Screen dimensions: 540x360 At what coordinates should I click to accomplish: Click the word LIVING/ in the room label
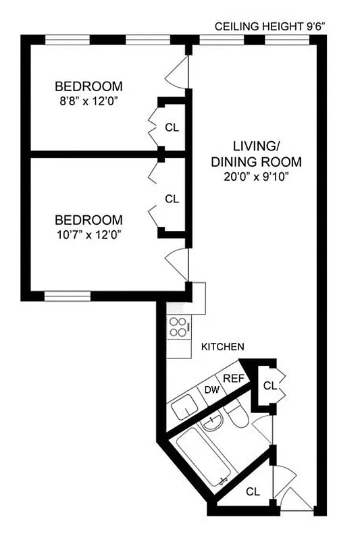click(256, 146)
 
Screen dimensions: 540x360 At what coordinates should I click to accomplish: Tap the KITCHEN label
click(222, 347)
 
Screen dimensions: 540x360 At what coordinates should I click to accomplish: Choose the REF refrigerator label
click(233, 379)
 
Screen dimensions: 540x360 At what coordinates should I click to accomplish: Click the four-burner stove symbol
click(178, 327)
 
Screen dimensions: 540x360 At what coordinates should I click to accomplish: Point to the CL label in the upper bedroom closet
click(172, 127)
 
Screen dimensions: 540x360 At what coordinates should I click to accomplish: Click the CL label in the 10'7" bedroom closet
click(172, 198)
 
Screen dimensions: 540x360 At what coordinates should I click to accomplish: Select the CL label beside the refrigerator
click(269, 386)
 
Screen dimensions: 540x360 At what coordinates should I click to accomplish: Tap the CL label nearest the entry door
click(253, 491)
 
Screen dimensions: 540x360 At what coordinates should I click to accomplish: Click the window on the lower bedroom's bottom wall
click(68, 296)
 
